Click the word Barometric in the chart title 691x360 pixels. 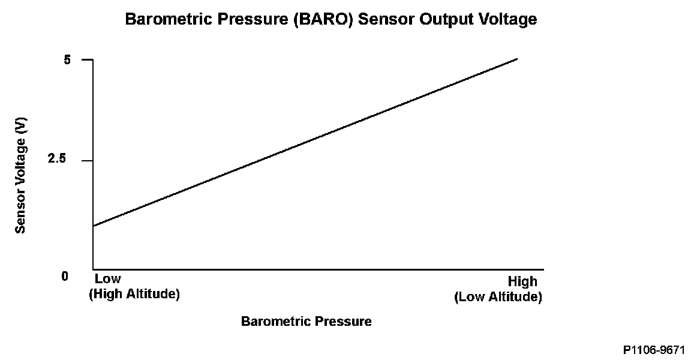163,20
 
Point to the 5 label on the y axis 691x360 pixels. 67,60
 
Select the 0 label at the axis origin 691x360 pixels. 64,276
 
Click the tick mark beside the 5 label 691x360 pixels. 88,60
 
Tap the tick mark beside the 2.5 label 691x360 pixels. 88,161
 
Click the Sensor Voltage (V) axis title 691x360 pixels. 21,175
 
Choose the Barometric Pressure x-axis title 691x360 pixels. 306,321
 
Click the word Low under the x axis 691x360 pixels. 108,279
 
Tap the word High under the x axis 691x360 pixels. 522,281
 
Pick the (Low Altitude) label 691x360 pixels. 498,297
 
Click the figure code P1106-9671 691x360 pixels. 654,350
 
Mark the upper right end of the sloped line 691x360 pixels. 516,59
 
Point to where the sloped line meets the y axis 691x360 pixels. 93,226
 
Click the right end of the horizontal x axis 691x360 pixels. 543,269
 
